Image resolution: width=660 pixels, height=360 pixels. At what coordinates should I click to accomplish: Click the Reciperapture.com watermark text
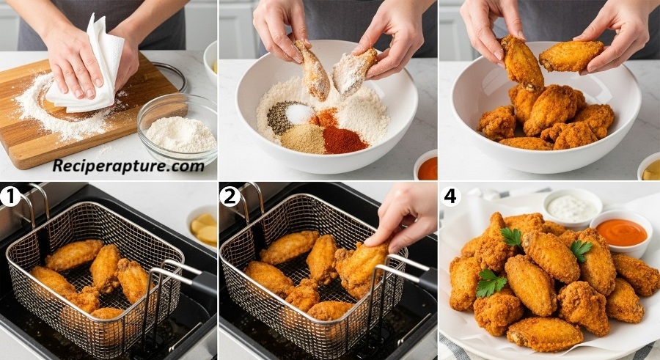click(128, 166)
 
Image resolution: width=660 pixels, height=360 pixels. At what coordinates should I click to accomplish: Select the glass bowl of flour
click(177, 128)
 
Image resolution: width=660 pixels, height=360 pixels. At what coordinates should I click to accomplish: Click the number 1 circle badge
click(10, 196)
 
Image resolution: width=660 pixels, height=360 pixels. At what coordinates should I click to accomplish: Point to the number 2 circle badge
click(230, 196)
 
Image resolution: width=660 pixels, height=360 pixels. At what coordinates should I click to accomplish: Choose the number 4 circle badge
click(450, 196)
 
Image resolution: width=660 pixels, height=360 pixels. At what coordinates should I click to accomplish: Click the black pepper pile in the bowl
click(281, 117)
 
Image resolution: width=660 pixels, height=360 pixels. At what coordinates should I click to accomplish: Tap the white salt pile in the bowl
click(300, 113)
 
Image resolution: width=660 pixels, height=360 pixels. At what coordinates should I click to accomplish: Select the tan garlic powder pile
click(302, 139)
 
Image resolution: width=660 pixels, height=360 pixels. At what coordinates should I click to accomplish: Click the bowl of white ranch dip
click(572, 207)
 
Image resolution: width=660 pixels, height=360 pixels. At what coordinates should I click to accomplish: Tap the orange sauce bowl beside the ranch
click(621, 232)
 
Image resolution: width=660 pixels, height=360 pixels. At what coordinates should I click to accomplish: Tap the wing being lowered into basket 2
click(363, 268)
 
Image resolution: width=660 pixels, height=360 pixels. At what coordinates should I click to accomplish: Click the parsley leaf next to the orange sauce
click(581, 250)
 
